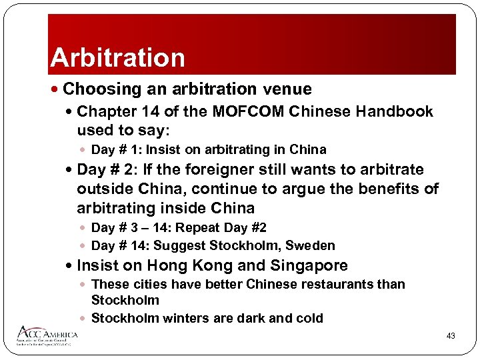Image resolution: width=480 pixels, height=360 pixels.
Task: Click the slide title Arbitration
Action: coord(117,57)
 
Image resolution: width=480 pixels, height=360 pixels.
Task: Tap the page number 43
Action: coord(451,336)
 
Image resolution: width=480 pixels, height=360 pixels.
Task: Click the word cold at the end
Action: coord(309,318)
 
